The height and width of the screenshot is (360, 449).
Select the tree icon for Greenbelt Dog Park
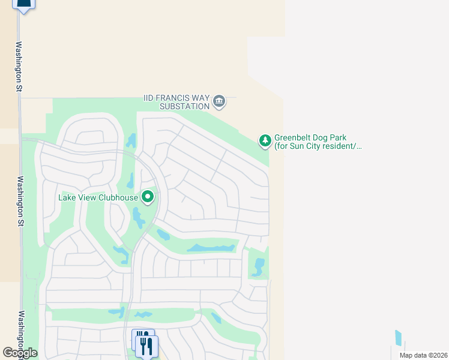(x=265, y=141)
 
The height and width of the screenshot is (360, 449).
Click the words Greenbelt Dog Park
(x=310, y=137)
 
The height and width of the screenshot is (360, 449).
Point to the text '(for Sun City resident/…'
(x=318, y=146)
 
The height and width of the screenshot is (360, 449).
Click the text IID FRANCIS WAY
(x=176, y=98)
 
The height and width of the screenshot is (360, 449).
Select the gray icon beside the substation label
(x=219, y=101)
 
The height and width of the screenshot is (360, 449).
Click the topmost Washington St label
(x=19, y=66)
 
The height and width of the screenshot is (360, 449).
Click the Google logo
(x=20, y=353)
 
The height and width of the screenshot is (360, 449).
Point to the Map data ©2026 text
(x=423, y=355)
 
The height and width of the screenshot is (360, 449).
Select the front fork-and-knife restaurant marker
(x=147, y=346)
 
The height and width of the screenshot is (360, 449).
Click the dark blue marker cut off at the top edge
(x=23, y=5)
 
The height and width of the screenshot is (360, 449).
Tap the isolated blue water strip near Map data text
(x=399, y=338)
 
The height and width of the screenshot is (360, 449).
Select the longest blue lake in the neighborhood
(x=211, y=248)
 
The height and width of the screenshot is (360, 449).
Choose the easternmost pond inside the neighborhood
(x=259, y=266)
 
